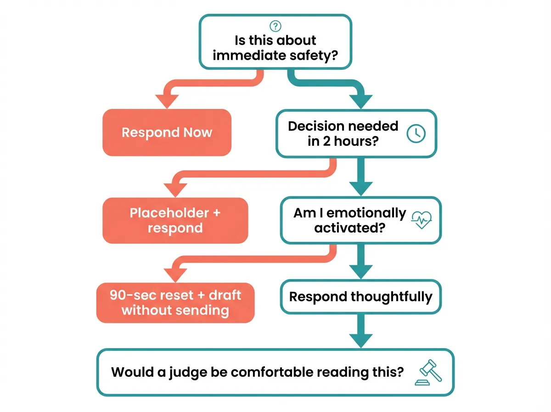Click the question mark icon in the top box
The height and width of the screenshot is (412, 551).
click(275, 26)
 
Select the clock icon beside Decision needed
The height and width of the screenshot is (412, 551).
click(416, 133)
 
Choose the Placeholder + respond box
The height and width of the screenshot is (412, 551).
click(175, 220)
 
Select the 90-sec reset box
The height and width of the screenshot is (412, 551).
click(175, 302)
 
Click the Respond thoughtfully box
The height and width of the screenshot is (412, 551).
click(360, 297)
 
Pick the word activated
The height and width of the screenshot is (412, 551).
click(349, 228)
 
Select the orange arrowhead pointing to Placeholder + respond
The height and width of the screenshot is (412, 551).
click(175, 189)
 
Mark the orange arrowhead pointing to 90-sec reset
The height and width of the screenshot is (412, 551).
click(175, 274)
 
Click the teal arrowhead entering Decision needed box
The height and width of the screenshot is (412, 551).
click(360, 101)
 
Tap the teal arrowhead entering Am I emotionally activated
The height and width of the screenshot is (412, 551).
click(360, 189)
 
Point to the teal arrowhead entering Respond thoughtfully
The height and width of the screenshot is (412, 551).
click(360, 272)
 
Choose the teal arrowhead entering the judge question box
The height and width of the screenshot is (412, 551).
click(360, 340)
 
